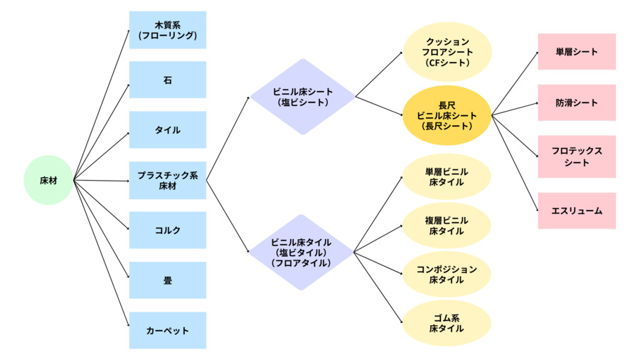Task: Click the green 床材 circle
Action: pyautogui.click(x=48, y=181)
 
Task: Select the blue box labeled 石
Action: pyautogui.click(x=168, y=80)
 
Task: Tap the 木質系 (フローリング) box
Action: pyautogui.click(x=168, y=30)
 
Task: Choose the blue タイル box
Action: pyautogui.click(x=168, y=130)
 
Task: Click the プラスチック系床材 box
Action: pyautogui.click(x=168, y=180)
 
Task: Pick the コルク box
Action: pyautogui.click(x=168, y=230)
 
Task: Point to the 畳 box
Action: pyautogui.click(x=168, y=280)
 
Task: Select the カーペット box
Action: pyautogui.click(x=168, y=330)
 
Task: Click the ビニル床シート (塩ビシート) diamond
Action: pyautogui.click(x=302, y=97)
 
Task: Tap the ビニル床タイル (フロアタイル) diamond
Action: pyautogui.click(x=302, y=252)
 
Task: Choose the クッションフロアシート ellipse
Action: pyautogui.click(x=447, y=52)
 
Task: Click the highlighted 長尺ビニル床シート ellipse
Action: pyautogui.click(x=447, y=115)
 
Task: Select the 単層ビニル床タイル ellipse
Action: pyautogui.click(x=447, y=176)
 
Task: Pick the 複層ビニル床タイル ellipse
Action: pyautogui.click(x=447, y=226)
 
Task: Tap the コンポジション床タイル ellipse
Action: pyautogui.click(x=447, y=274)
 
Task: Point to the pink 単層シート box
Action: pyautogui.click(x=577, y=52)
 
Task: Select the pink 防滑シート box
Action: pyautogui.click(x=577, y=103)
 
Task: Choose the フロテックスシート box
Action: pyautogui.click(x=577, y=157)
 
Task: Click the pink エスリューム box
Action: pyautogui.click(x=577, y=211)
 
